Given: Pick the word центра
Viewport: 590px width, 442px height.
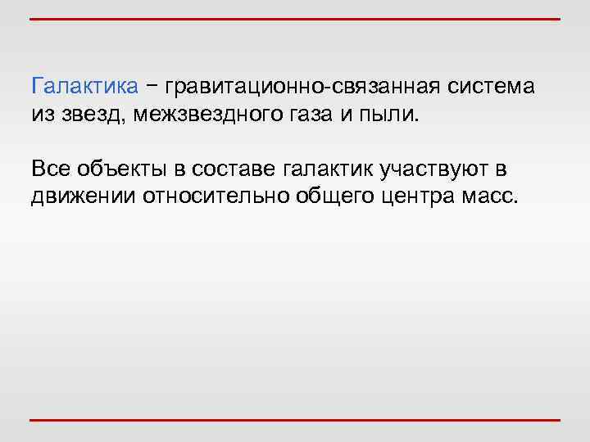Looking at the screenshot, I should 412,197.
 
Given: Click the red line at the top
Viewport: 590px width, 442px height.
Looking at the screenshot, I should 295,18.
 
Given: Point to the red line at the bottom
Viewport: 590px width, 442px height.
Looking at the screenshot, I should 295,421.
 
